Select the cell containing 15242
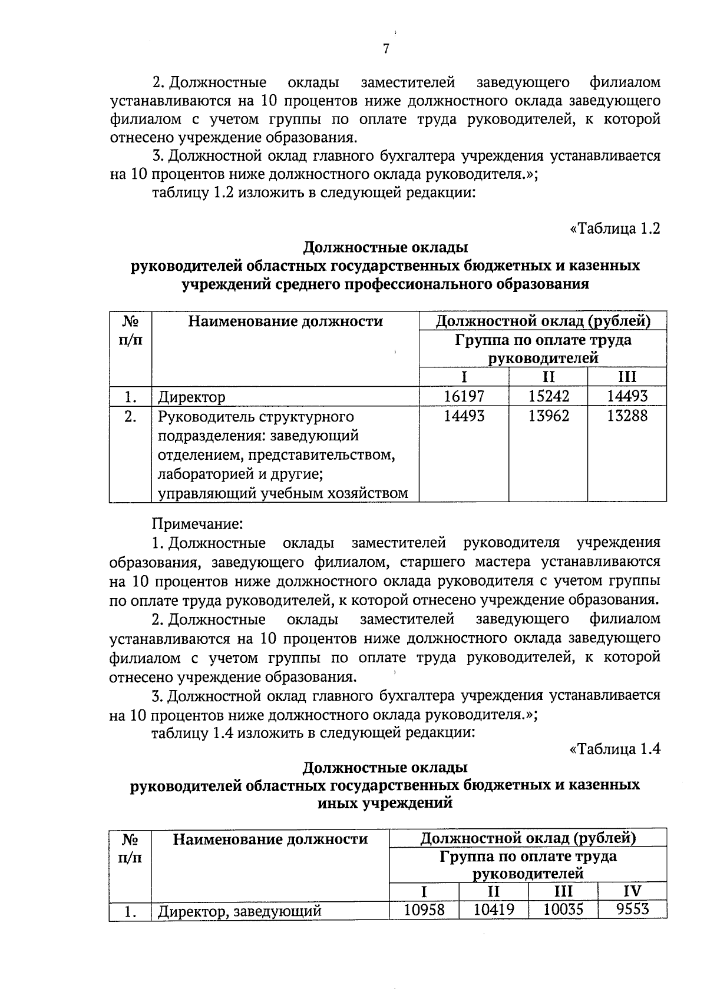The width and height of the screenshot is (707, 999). [549, 396]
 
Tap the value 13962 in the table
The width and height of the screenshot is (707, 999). [549, 416]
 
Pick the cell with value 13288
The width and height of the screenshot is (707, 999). [627, 416]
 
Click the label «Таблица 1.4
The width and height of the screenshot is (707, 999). [615, 749]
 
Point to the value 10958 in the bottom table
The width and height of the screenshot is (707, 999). [424, 910]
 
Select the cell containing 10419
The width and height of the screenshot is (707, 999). [494, 910]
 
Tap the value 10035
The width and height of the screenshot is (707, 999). [563, 910]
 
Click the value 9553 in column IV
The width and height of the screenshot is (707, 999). [632, 910]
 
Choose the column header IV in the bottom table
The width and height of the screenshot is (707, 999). [632, 891]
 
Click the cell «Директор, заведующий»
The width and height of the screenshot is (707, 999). [240, 912]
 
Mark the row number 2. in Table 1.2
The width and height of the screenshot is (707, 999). [130, 417]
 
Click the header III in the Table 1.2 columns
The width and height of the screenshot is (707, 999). [627, 377]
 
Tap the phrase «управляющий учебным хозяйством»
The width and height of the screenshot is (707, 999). [283, 493]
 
